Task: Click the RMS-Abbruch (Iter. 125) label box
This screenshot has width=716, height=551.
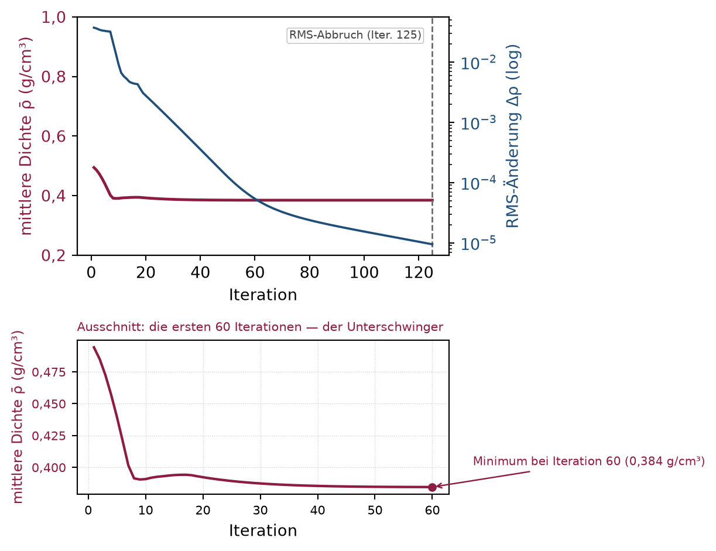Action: coord(355,35)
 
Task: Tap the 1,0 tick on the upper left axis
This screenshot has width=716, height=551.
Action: coord(53,17)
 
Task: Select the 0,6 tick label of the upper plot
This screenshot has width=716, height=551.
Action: coord(53,136)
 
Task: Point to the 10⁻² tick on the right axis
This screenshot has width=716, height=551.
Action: coord(478,63)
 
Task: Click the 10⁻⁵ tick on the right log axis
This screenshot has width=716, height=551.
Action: coord(478,243)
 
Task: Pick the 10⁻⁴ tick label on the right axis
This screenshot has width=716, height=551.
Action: coord(478,183)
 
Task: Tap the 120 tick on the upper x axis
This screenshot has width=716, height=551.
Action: coord(419,273)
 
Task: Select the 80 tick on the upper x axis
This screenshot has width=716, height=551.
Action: coord(309,273)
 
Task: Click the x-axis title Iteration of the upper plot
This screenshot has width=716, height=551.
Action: coord(263,295)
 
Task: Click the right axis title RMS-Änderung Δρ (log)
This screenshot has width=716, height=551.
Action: coord(513,136)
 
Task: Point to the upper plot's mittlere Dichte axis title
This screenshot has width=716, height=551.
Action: coord(26,136)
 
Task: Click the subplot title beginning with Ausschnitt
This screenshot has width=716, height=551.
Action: coord(260,327)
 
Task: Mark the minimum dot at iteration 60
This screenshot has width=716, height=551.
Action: coord(432,487)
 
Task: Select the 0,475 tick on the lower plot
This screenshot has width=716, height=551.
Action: coord(49,372)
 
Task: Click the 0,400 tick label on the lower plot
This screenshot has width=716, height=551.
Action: coord(49,468)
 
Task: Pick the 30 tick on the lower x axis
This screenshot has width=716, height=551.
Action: coord(261,511)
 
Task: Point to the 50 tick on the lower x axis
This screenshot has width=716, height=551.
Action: coord(375,511)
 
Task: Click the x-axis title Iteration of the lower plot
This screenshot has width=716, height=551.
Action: coord(263,531)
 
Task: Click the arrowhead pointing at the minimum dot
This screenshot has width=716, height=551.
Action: coord(439,486)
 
